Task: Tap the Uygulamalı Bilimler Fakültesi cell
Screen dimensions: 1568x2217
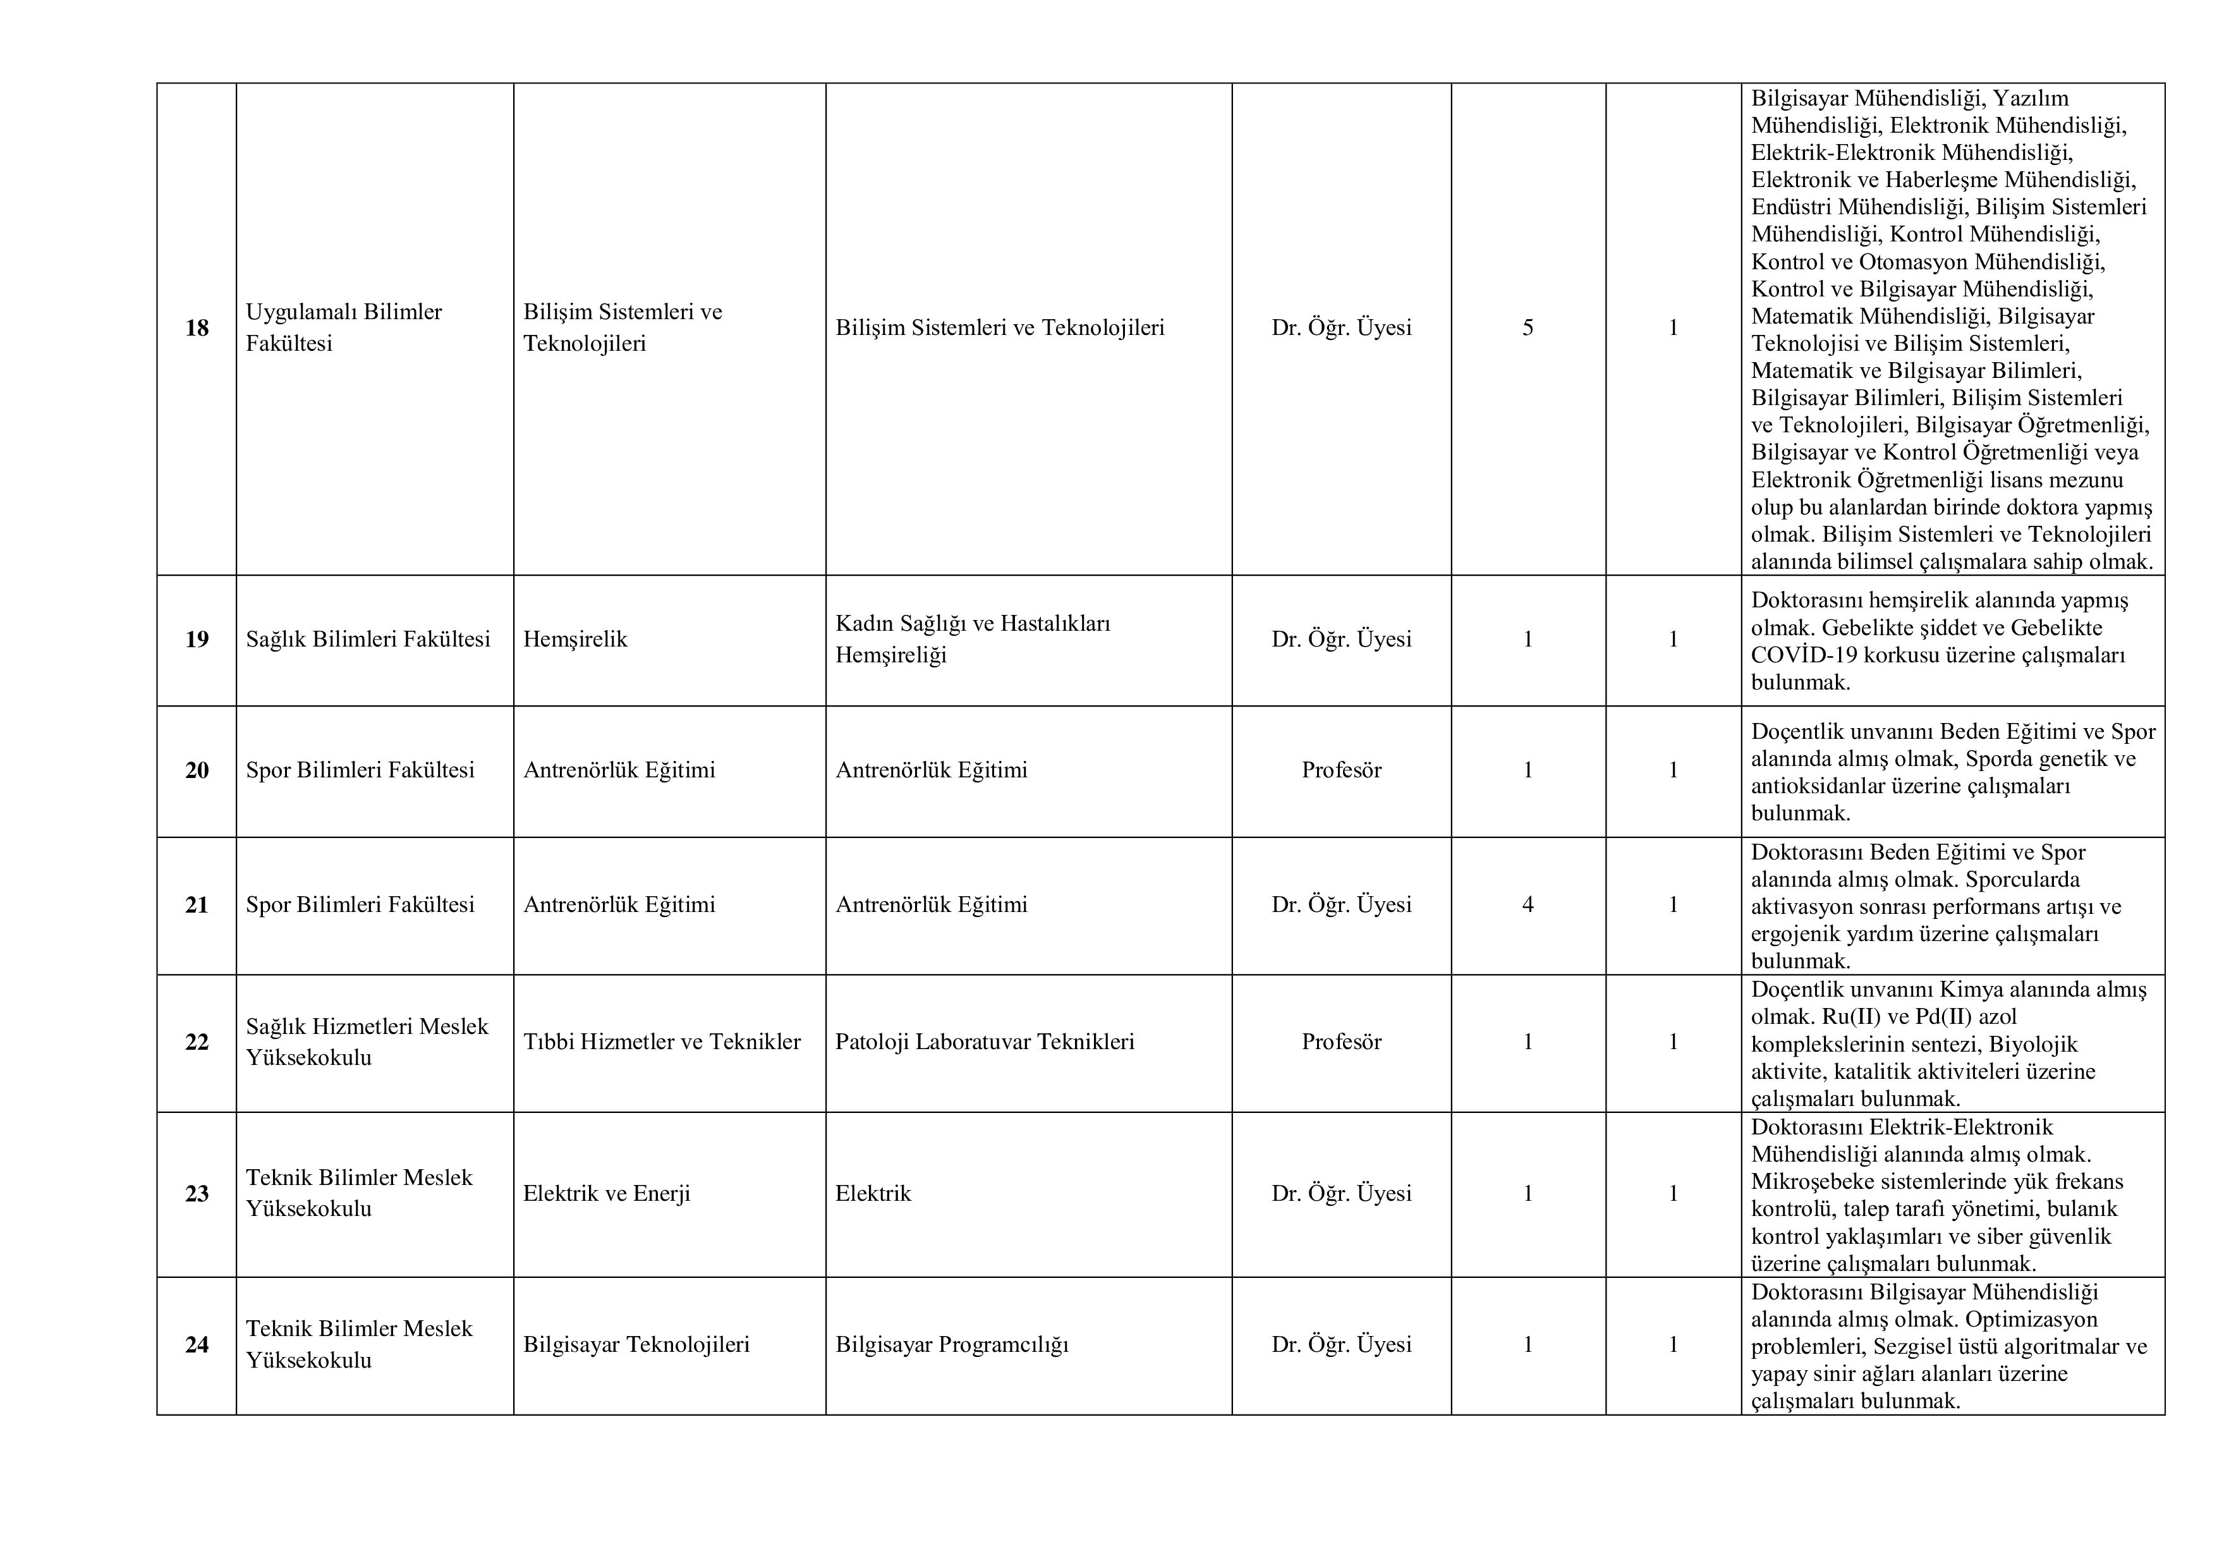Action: coord(344,327)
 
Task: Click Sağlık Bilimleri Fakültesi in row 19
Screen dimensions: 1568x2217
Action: coord(368,639)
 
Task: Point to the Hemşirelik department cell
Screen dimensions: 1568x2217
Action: coord(576,639)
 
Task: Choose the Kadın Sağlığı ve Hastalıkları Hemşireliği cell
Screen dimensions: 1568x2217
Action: coord(973,639)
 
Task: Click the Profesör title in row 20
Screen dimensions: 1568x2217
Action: coord(1341,770)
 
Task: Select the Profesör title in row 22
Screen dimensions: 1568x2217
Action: coord(1341,1042)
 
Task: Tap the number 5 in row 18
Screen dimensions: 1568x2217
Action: coord(1528,328)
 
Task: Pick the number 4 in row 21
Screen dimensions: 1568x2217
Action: coord(1528,904)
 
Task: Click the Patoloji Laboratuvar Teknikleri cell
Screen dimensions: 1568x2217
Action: coord(985,1042)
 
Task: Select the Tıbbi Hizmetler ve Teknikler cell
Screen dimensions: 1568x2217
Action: coord(662,1042)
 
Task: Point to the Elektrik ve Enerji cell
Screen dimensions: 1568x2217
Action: coord(607,1193)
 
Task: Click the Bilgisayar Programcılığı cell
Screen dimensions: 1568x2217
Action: coord(952,1345)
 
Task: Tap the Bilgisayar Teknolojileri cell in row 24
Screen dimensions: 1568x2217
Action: coord(636,1345)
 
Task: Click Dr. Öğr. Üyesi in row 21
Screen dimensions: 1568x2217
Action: coord(1341,904)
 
